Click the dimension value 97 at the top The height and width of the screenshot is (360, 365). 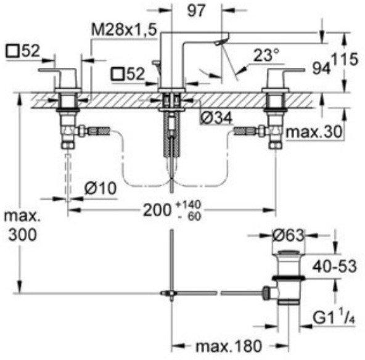coord(196,10)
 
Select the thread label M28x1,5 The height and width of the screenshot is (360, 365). coord(124,30)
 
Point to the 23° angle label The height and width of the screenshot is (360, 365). coord(266,55)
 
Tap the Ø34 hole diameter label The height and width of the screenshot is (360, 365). coord(216,118)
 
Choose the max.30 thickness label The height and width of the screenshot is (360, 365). coord(314,132)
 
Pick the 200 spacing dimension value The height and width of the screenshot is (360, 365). coord(157,210)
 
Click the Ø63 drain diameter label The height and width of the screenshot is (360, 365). coord(289,235)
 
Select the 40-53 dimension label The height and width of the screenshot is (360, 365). coord(335,266)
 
